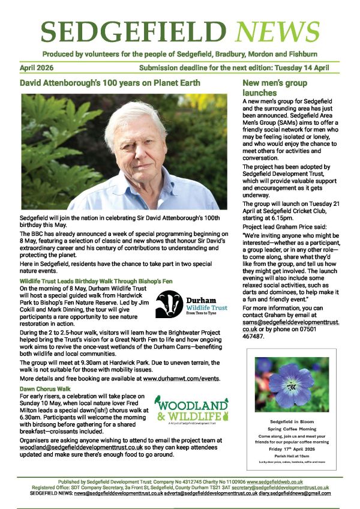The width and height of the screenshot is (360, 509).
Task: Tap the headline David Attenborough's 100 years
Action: pos(110,82)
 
